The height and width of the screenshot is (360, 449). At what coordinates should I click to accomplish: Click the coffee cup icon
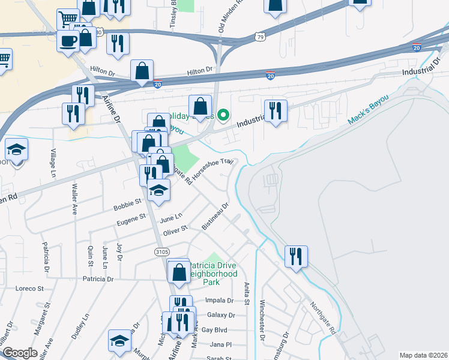coord(67,41)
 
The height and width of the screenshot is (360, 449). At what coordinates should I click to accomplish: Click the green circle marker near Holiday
coord(223,115)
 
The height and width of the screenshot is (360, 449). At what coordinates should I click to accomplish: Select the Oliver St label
coord(176,229)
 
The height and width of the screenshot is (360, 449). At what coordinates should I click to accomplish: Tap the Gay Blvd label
coord(214,330)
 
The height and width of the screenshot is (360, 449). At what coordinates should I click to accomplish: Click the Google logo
coord(20,353)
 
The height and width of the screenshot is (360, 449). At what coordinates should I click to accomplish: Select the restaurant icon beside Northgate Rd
coord(295,257)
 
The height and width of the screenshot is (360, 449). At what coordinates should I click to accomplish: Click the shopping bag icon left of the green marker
coord(200,107)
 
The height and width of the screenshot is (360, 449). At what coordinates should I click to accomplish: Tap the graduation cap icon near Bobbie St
coord(158,190)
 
